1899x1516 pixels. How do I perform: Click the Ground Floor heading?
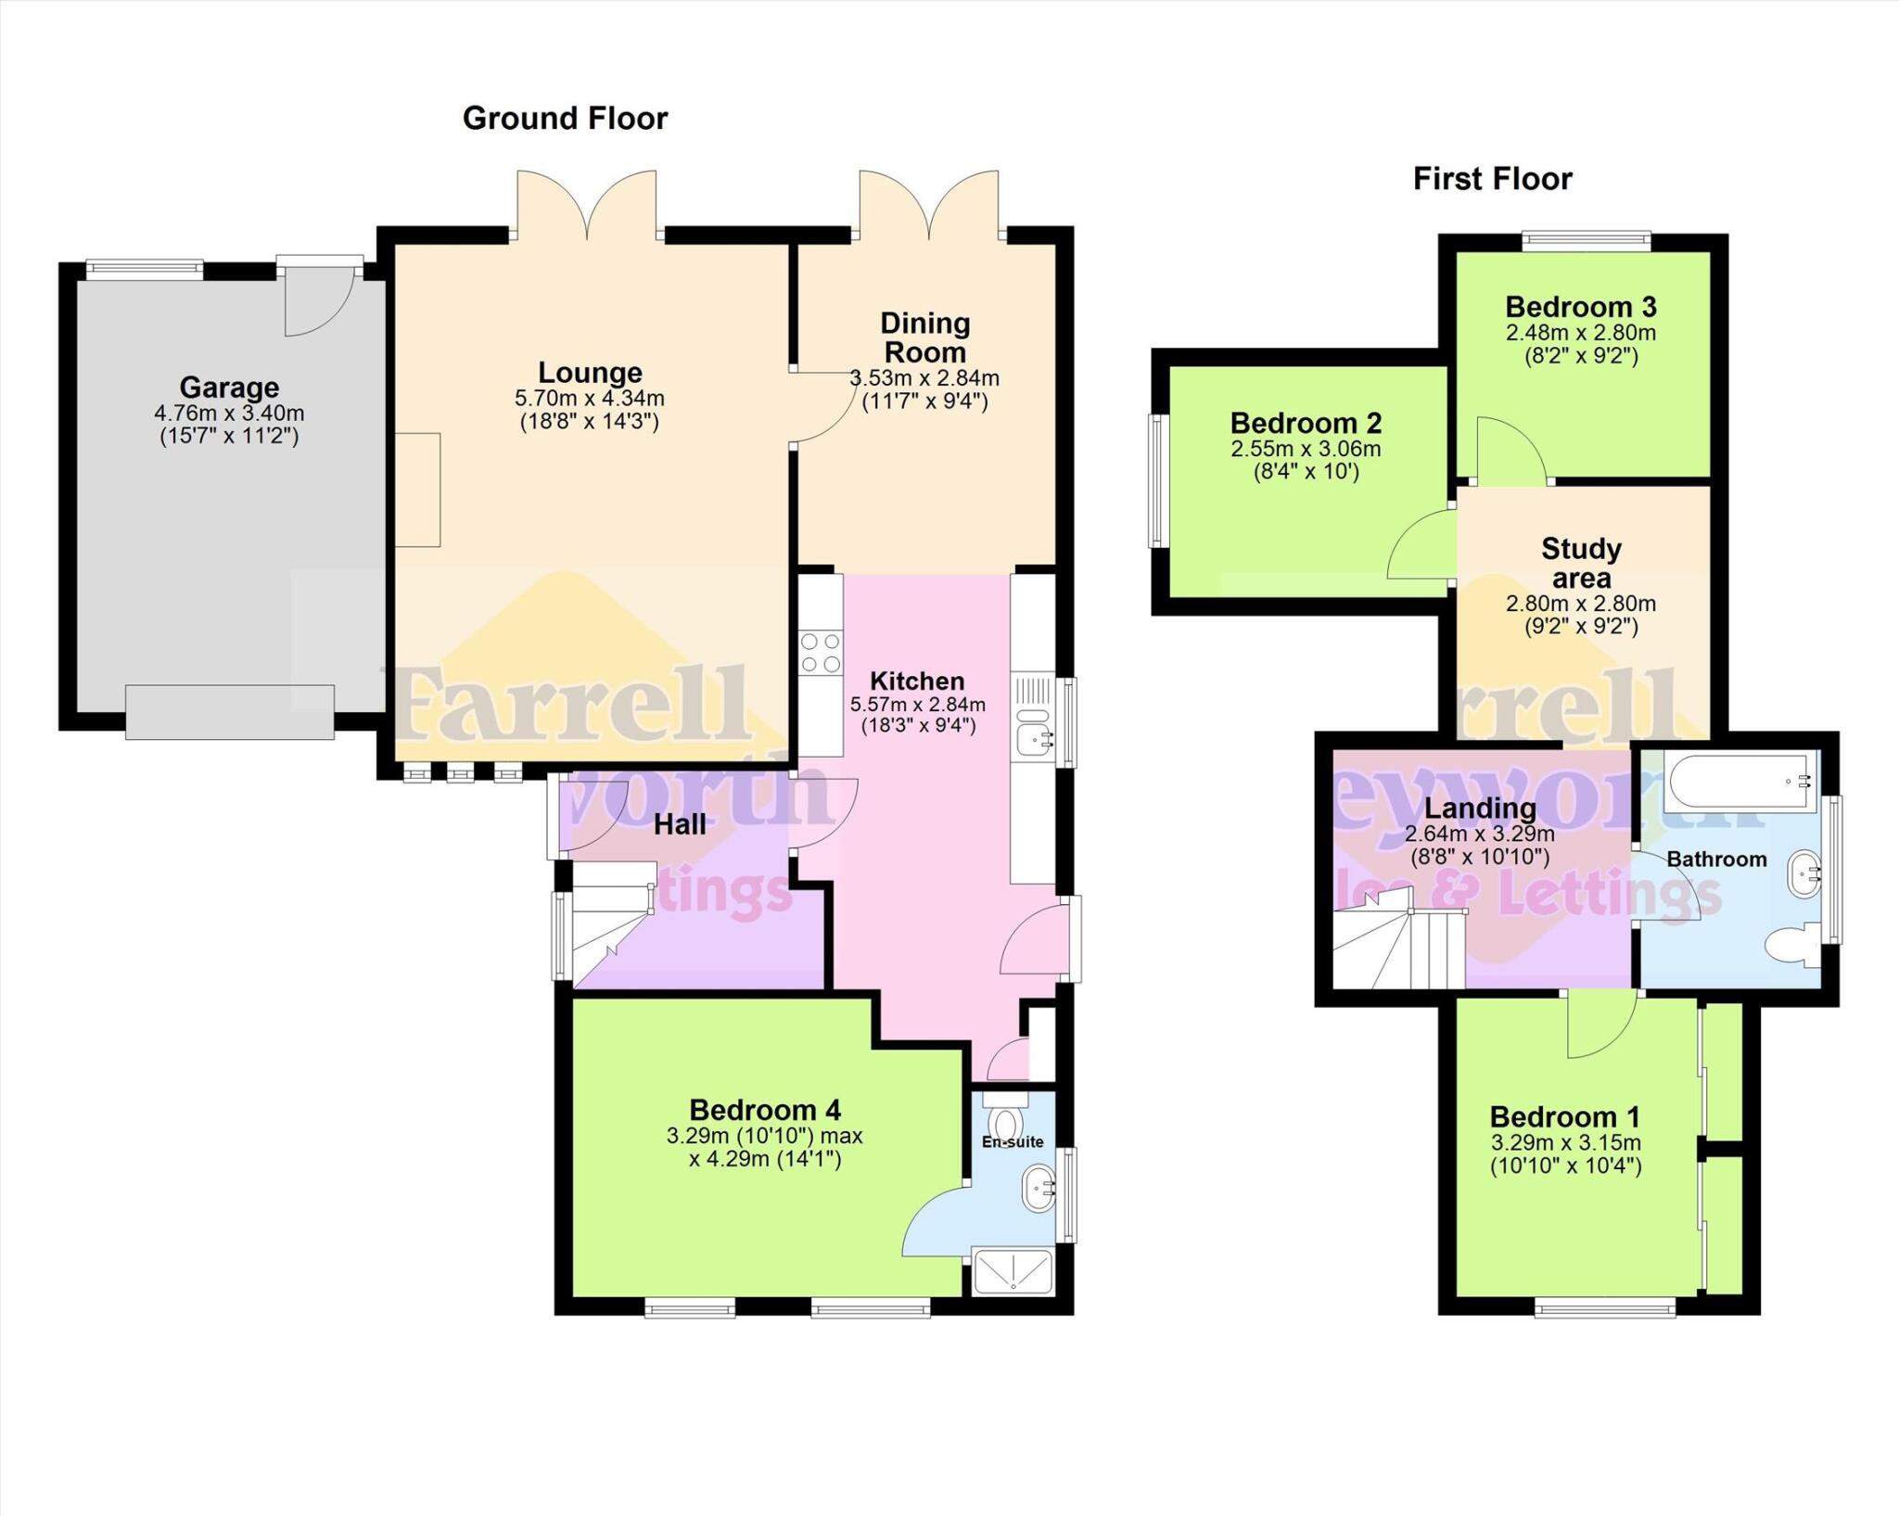tap(565, 119)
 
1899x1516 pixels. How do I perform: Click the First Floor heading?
tap(1492, 179)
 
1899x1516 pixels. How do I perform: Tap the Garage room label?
tap(229, 387)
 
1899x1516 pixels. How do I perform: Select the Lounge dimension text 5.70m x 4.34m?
tap(590, 399)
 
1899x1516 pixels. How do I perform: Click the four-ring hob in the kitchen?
tap(821, 652)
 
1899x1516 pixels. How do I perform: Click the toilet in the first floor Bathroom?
tap(1791, 946)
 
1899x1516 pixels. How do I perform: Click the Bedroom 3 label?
tap(1580, 307)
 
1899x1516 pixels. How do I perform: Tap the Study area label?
tap(1581, 563)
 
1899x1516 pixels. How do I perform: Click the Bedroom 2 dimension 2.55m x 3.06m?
tap(1306, 450)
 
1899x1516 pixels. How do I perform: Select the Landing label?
tap(1479, 808)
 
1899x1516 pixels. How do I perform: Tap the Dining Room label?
tap(924, 338)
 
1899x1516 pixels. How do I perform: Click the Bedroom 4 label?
tap(765, 1110)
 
